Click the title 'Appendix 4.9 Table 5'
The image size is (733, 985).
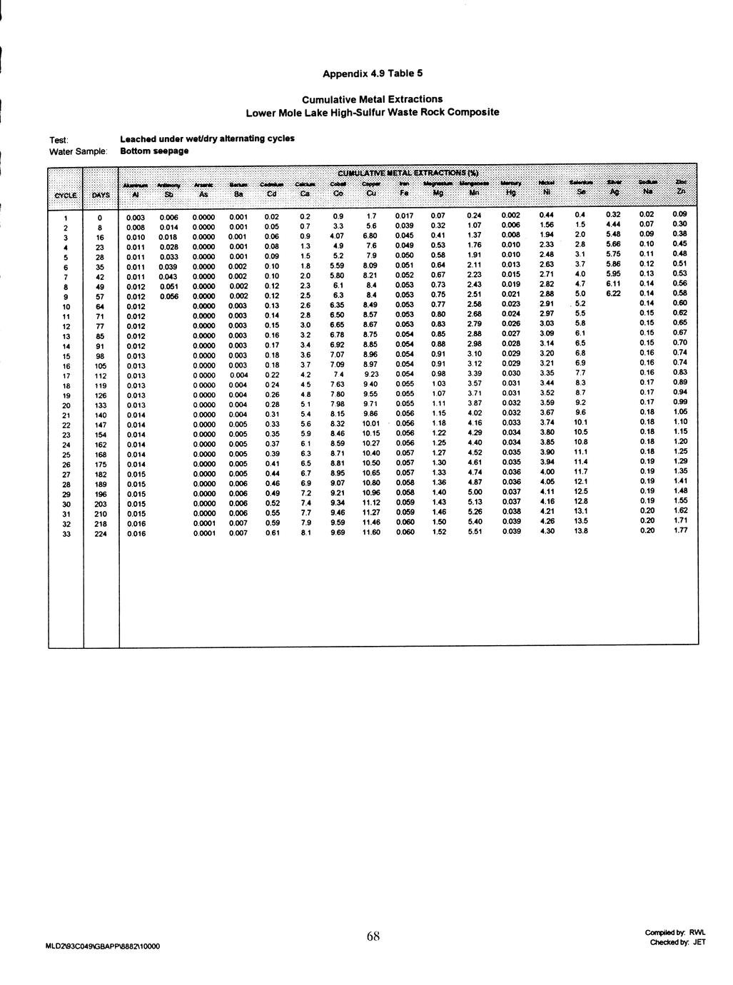coord(373,73)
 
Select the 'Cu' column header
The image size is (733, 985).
coord(371,193)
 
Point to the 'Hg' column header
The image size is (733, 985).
coord(510,193)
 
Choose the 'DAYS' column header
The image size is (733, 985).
coord(100,194)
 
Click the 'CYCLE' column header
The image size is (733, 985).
coord(65,194)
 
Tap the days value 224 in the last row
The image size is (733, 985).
coord(101,533)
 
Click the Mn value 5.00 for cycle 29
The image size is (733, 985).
coord(475,492)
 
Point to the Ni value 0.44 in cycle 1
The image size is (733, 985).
coord(547,216)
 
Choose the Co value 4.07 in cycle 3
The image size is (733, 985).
coord(338,236)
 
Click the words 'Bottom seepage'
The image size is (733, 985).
coord(154,151)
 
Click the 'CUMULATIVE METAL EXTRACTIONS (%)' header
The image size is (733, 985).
coord(408,173)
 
